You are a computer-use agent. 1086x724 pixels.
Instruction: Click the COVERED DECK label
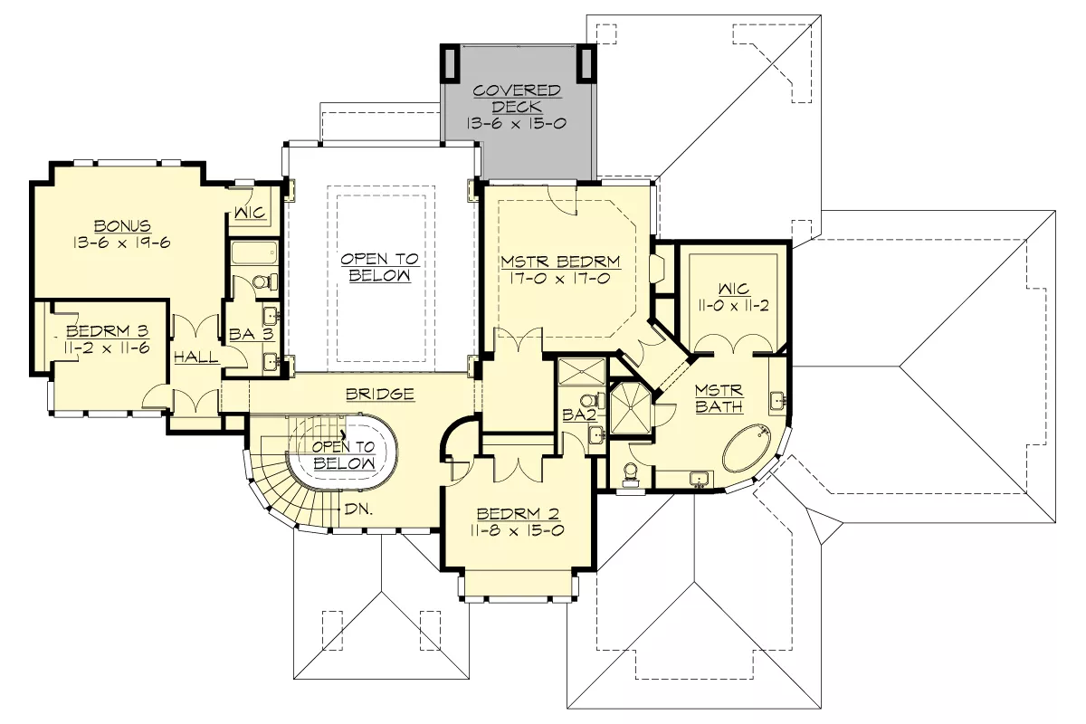pyautogui.click(x=517, y=99)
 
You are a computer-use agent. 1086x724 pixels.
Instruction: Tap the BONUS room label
pyautogui.click(x=122, y=226)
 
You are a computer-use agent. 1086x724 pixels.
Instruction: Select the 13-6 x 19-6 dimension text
pyautogui.click(x=121, y=243)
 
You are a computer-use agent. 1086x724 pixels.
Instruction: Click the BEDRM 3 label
pyautogui.click(x=107, y=331)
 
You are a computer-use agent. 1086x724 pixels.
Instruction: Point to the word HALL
pyautogui.click(x=196, y=357)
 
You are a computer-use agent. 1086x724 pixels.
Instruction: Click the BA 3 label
pyautogui.click(x=252, y=334)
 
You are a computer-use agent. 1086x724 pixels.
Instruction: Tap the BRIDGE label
pyautogui.click(x=380, y=395)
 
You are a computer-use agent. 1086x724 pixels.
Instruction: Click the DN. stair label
pyautogui.click(x=358, y=510)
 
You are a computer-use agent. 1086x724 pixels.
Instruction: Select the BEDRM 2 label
pyautogui.click(x=518, y=513)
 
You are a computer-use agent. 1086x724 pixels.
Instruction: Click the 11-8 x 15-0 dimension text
pyautogui.click(x=517, y=530)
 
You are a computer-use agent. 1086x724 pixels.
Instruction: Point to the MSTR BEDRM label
pyautogui.click(x=560, y=262)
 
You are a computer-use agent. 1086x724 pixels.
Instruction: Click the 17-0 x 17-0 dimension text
pyautogui.click(x=560, y=279)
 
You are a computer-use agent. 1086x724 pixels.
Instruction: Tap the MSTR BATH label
pyautogui.click(x=719, y=398)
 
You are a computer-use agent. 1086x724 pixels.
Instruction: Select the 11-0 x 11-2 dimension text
pyautogui.click(x=734, y=306)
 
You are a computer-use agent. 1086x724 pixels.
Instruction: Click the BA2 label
pyautogui.click(x=579, y=414)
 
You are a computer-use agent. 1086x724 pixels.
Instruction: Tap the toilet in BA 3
pyautogui.click(x=264, y=281)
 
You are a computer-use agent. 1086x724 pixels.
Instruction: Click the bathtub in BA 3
pyautogui.click(x=254, y=252)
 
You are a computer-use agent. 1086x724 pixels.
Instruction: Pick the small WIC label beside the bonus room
pyautogui.click(x=250, y=213)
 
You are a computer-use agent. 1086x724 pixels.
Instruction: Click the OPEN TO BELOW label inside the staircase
pyautogui.click(x=344, y=455)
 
